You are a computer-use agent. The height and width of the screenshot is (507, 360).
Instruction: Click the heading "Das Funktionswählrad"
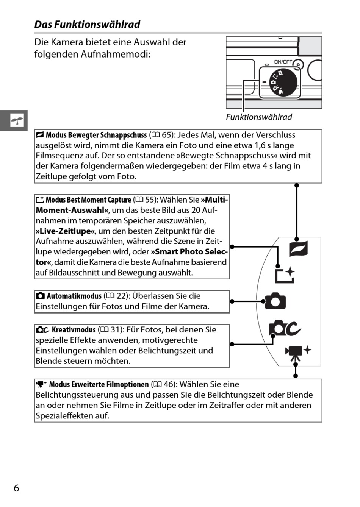(x=87, y=25)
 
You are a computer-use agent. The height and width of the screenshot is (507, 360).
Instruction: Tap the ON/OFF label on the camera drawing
(x=283, y=62)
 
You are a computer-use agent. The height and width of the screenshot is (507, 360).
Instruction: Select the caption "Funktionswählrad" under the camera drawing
(x=259, y=117)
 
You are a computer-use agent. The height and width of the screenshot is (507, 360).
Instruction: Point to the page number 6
(x=16, y=488)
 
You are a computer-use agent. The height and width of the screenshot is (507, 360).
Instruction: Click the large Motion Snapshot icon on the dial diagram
(x=298, y=249)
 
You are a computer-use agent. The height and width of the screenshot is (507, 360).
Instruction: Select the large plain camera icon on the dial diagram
(x=275, y=301)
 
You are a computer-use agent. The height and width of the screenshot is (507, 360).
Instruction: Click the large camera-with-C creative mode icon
(x=284, y=328)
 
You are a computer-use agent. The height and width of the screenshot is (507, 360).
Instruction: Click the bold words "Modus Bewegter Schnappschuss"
(x=96, y=135)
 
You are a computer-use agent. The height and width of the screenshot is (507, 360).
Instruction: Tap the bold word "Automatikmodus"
(x=74, y=296)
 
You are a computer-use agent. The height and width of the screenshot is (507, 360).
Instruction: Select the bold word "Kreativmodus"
(x=74, y=330)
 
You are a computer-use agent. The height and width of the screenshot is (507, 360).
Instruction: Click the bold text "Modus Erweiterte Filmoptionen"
(x=99, y=385)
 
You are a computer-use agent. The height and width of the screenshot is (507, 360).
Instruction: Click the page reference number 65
(x=167, y=135)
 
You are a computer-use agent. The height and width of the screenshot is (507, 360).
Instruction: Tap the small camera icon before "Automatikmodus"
(x=40, y=296)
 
